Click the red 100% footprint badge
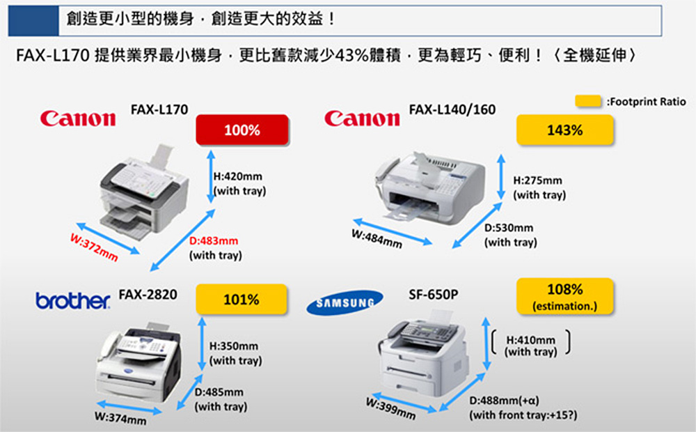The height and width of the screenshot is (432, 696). (242, 130)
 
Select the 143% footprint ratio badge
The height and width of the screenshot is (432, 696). (564, 130)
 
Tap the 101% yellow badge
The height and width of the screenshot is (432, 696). (242, 299)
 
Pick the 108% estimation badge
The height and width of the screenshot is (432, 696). (564, 296)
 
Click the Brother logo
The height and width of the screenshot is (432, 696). (73, 300)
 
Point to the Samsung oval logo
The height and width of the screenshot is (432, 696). (345, 302)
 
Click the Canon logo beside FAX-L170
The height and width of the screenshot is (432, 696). (78, 118)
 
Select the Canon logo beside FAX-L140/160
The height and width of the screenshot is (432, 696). (362, 118)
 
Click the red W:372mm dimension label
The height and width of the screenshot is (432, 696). (94, 247)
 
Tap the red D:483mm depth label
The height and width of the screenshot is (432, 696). (214, 241)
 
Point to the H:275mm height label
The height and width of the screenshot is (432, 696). (537, 180)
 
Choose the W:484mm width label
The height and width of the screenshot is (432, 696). (377, 239)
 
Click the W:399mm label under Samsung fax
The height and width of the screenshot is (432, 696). (391, 408)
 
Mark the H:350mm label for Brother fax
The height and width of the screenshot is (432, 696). (233, 346)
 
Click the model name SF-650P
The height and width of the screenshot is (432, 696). (433, 294)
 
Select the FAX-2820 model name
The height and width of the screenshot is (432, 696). (148, 294)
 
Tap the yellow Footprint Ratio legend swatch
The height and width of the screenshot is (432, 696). (588, 101)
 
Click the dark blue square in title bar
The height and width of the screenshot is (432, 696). (33, 20)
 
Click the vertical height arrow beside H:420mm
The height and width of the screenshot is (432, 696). (212, 176)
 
